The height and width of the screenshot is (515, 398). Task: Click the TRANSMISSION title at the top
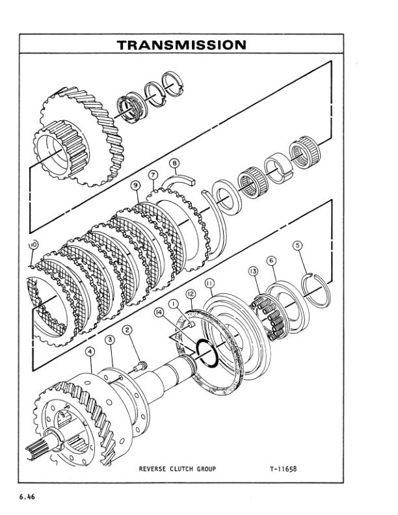tap(181, 45)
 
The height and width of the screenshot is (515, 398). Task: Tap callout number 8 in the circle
tap(174, 163)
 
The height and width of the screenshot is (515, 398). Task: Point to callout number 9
tap(136, 185)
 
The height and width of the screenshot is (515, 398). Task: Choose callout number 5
tap(298, 246)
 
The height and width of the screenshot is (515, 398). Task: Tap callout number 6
tap(272, 260)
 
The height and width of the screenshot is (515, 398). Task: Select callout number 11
tap(209, 283)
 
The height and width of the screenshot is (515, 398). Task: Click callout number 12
tap(190, 294)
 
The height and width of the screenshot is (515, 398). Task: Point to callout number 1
tap(174, 303)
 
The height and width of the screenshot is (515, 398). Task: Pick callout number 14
tap(158, 312)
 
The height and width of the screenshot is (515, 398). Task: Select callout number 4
tap(90, 351)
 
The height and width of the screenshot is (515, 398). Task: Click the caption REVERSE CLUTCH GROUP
tap(178, 468)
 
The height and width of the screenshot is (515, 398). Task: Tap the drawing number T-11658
tap(285, 468)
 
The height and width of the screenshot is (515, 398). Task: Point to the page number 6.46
tap(27, 497)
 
